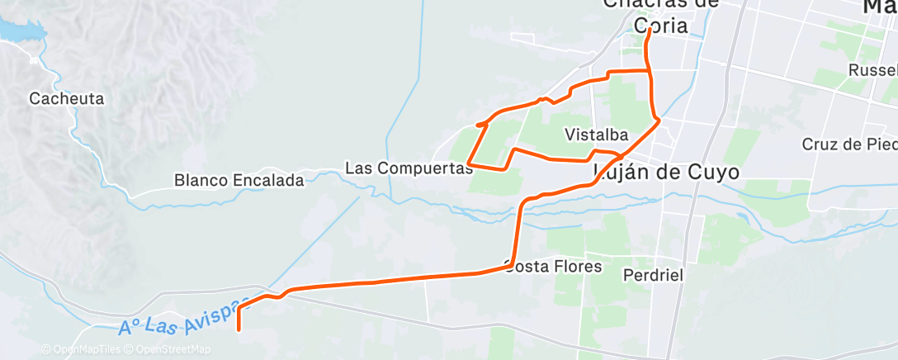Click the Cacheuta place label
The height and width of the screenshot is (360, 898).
tap(66, 99)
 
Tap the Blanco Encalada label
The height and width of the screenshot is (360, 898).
tap(239, 179)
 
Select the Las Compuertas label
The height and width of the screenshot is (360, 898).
tap(408, 168)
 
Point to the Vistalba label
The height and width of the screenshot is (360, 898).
tap(598, 134)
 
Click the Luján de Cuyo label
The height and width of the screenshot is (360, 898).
tap(666, 172)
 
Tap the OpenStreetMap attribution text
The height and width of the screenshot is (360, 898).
tap(168, 349)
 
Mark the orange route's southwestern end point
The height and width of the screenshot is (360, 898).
tap(239, 329)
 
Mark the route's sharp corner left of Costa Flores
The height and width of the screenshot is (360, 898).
tap(514, 266)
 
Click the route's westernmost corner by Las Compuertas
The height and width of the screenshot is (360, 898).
tap(468, 161)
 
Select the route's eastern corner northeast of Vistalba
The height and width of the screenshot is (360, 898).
tap(658, 121)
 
